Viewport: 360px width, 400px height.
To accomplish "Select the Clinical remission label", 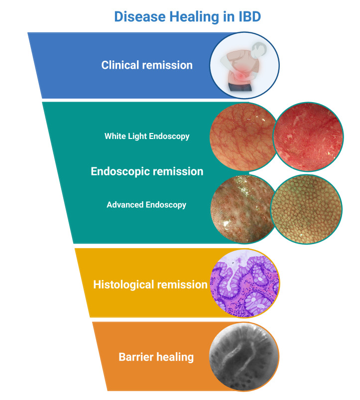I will tap(147, 65).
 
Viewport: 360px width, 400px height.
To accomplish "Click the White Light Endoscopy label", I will tap(147, 136).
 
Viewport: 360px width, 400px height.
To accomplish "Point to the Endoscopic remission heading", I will tap(147, 171).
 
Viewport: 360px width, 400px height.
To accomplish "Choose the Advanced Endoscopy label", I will tap(146, 204).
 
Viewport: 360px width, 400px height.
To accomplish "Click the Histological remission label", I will tap(150, 285).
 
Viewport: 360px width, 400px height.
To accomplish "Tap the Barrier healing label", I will tap(156, 357).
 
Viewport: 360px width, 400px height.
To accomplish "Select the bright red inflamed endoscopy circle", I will tap(308, 137).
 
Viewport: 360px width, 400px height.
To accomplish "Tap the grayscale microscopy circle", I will tap(242, 356).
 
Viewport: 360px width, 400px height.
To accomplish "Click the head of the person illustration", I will tap(258, 50).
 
